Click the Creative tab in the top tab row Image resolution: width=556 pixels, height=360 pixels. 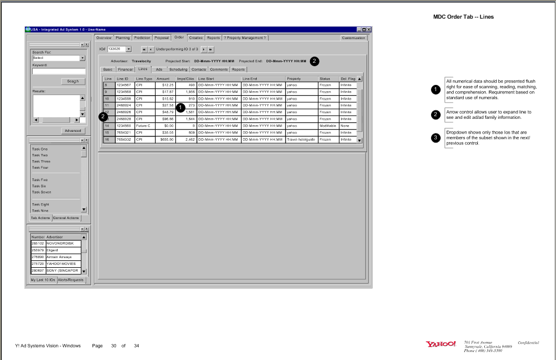(196, 38)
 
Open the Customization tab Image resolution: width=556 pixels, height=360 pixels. (354, 38)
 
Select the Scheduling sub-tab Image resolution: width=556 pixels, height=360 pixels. (178, 69)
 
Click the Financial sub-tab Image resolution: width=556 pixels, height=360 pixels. (125, 69)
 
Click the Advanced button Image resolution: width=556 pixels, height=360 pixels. (72, 131)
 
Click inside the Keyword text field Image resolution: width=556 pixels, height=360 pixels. (59, 71)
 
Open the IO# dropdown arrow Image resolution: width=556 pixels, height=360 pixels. (128, 49)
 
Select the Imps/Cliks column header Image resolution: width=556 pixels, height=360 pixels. (186, 78)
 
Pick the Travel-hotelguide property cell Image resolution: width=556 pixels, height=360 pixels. (301, 139)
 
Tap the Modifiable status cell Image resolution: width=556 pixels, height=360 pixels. (328, 126)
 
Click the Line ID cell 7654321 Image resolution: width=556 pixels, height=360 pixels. (124, 132)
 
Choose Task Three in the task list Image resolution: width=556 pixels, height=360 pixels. (41, 161)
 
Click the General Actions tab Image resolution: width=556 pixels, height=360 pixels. (66, 218)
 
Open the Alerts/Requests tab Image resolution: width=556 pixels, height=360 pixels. (70, 280)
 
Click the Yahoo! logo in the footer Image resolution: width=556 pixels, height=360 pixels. (441, 344)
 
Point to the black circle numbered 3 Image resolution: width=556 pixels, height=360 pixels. (436, 138)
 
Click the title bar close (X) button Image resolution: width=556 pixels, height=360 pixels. (369, 29)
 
